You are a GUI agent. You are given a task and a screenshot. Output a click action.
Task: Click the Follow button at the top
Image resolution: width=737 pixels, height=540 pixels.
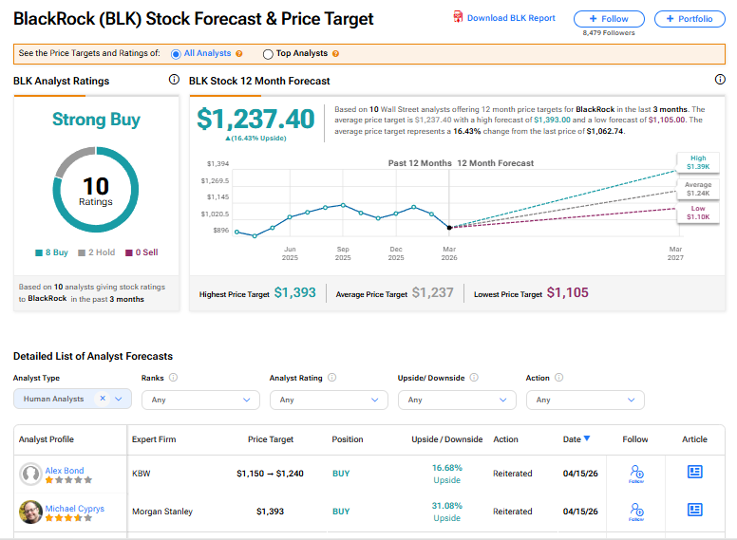click(609, 19)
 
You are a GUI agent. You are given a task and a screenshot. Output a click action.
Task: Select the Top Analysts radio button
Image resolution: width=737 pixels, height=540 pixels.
click(268, 54)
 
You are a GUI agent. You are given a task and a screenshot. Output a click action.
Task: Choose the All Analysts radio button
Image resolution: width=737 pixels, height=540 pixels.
click(176, 54)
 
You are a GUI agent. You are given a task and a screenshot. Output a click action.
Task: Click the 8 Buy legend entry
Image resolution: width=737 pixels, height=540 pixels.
click(51, 252)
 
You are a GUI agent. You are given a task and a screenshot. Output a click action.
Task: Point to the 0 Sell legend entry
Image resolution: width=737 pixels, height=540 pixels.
click(142, 252)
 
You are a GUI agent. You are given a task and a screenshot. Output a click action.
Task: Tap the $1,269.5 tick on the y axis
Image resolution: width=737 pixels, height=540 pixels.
click(215, 180)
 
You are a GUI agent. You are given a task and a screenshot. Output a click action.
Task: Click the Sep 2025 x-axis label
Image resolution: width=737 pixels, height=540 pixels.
click(343, 253)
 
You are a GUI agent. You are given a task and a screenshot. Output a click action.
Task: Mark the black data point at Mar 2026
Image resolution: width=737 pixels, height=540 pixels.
click(449, 228)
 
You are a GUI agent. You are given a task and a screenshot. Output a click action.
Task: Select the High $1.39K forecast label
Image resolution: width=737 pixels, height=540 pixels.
click(698, 162)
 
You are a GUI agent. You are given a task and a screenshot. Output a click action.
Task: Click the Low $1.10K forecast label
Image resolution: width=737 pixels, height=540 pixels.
click(698, 213)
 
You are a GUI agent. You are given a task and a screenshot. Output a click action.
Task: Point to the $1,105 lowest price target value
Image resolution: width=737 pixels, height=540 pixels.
click(567, 293)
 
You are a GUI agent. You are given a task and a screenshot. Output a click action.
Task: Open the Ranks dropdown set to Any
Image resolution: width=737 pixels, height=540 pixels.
click(200, 400)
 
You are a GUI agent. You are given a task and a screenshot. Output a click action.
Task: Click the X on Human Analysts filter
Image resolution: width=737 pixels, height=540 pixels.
click(103, 399)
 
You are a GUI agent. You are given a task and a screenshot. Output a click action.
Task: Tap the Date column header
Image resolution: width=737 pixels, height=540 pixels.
click(576, 439)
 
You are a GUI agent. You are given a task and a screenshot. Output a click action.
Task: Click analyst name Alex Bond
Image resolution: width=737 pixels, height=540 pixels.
click(65, 471)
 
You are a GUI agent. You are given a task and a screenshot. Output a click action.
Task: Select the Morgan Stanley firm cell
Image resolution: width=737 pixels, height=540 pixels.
click(162, 512)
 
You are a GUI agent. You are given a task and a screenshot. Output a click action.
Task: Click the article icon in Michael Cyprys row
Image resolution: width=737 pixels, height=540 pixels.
click(694, 510)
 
